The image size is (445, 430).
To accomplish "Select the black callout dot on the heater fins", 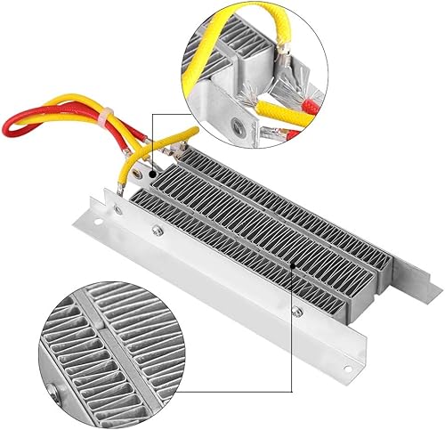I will click(x=295, y=264).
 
